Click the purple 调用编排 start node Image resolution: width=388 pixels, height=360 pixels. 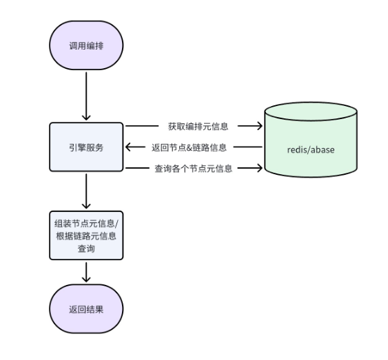pyautogui.click(x=86, y=46)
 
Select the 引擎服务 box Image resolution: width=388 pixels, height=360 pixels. pyautogui.click(x=86, y=147)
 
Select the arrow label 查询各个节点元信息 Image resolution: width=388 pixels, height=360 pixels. pyautogui.click(x=193, y=168)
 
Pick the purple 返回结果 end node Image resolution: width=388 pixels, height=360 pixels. pyautogui.click(x=86, y=309)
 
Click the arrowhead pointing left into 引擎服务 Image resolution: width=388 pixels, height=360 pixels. pyautogui.click(x=129, y=147)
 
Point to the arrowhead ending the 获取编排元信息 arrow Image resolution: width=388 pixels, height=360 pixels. pyautogui.click(x=259, y=127)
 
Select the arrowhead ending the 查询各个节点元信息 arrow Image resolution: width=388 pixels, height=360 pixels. pyautogui.click(x=259, y=168)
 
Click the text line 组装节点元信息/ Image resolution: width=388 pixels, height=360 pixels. pyautogui.click(x=86, y=223)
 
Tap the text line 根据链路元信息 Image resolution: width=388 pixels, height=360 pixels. pyautogui.click(x=86, y=236)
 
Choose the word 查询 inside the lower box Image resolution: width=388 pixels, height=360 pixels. pyautogui.click(x=86, y=249)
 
